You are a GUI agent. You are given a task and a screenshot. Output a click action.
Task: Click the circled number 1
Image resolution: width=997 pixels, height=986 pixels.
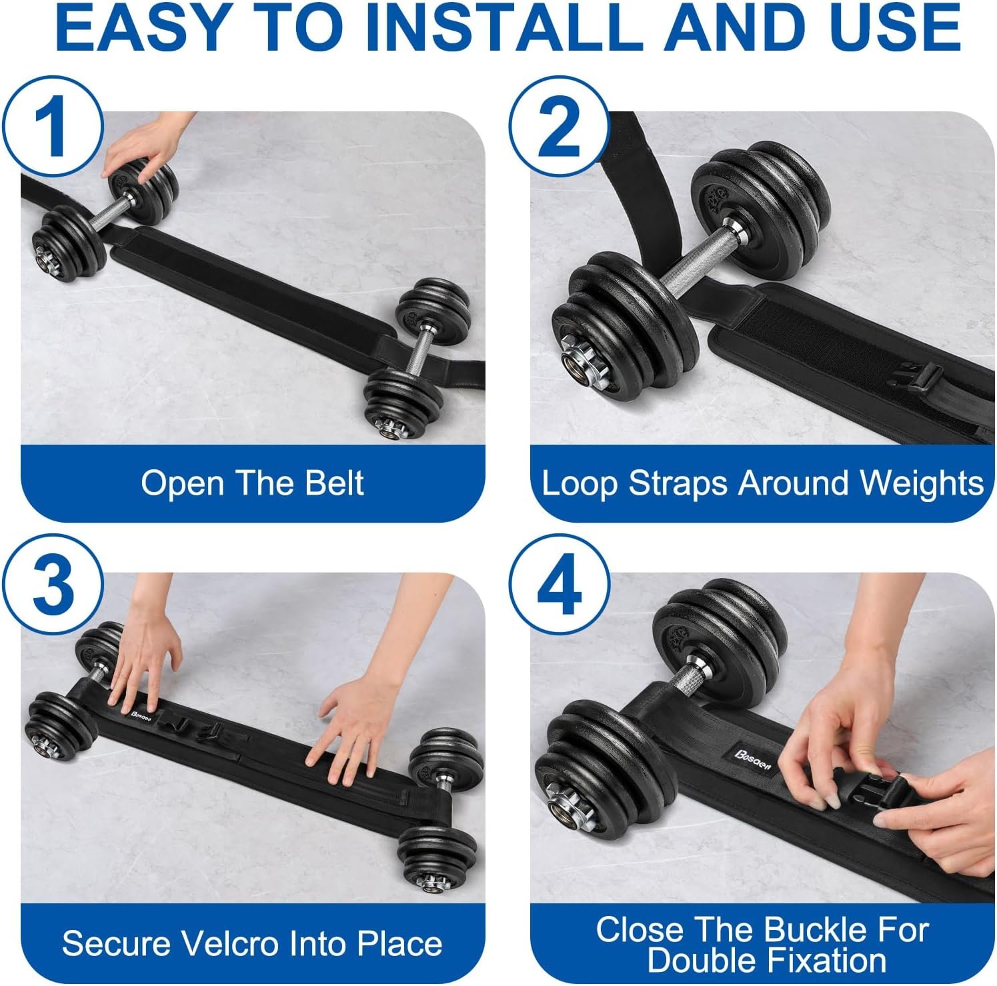pyautogui.click(x=53, y=126)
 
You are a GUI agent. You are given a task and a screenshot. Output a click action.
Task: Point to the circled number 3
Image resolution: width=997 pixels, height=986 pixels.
pyautogui.click(x=53, y=586)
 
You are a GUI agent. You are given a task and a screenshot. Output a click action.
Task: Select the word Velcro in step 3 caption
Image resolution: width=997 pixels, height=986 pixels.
pyautogui.click(x=229, y=943)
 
